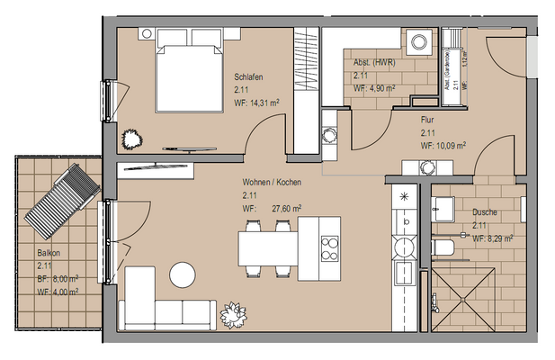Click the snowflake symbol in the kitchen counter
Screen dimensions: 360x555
(x=404, y=195)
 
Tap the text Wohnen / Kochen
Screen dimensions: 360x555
(x=271, y=182)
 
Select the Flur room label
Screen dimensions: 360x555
(x=428, y=119)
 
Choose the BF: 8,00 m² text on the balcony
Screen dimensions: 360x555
(x=58, y=279)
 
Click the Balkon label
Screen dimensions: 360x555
(x=49, y=253)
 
